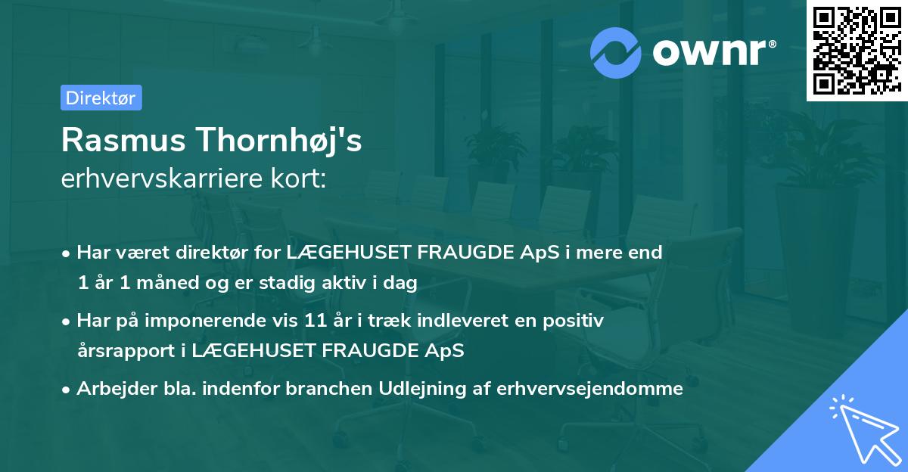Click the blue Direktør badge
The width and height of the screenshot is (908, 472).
(x=101, y=98)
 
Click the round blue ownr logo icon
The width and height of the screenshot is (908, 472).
(x=616, y=53)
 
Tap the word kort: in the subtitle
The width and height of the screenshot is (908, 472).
(x=301, y=180)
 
